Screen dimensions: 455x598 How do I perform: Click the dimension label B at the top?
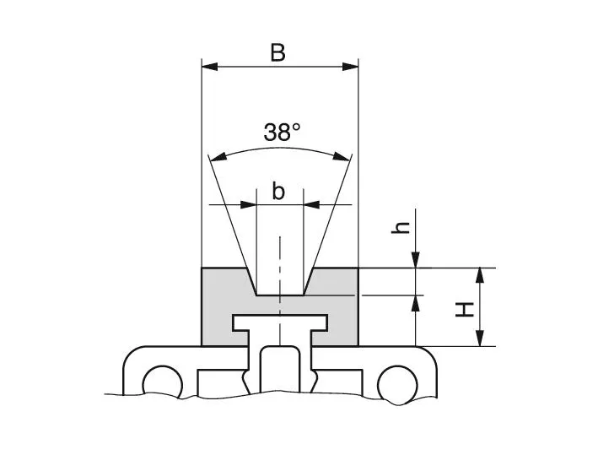click(278, 52)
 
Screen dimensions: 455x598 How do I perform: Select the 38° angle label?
click(282, 132)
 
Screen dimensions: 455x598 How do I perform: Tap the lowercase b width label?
click(278, 192)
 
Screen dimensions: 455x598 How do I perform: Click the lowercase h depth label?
click(403, 226)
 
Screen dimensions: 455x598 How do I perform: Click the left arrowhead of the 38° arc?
click(217, 156)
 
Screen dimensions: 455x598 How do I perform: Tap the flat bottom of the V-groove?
click(280, 295)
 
